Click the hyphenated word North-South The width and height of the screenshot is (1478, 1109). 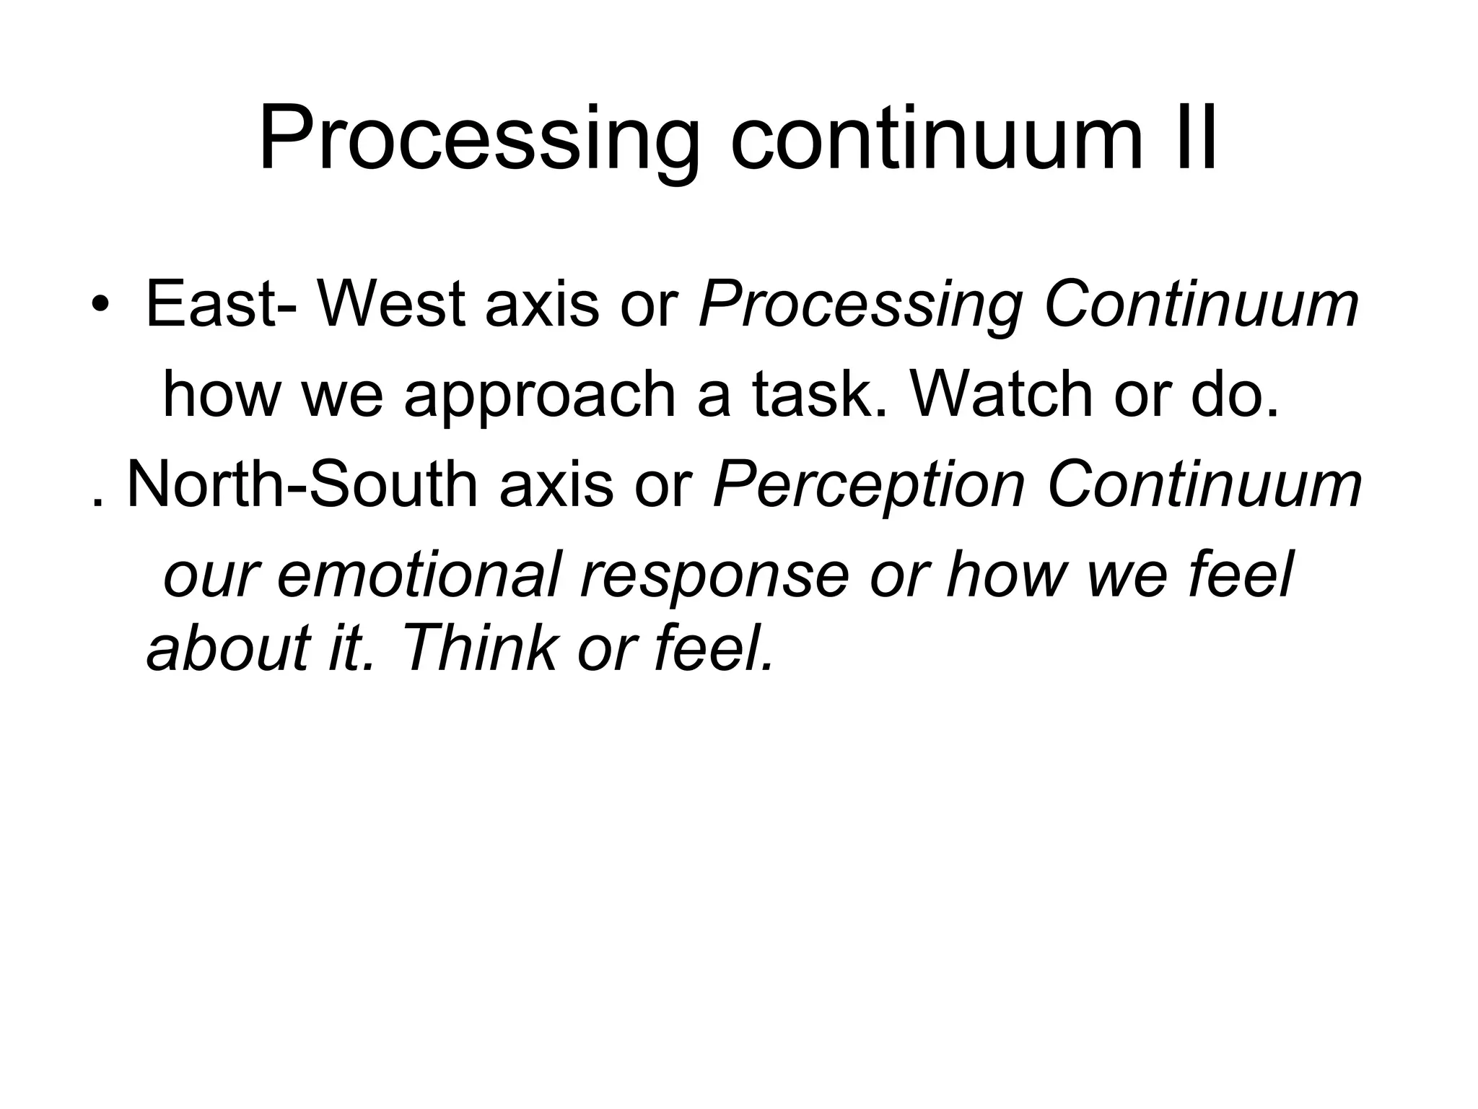point(302,484)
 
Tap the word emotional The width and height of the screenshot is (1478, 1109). point(418,575)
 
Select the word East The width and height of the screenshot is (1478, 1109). point(210,304)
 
